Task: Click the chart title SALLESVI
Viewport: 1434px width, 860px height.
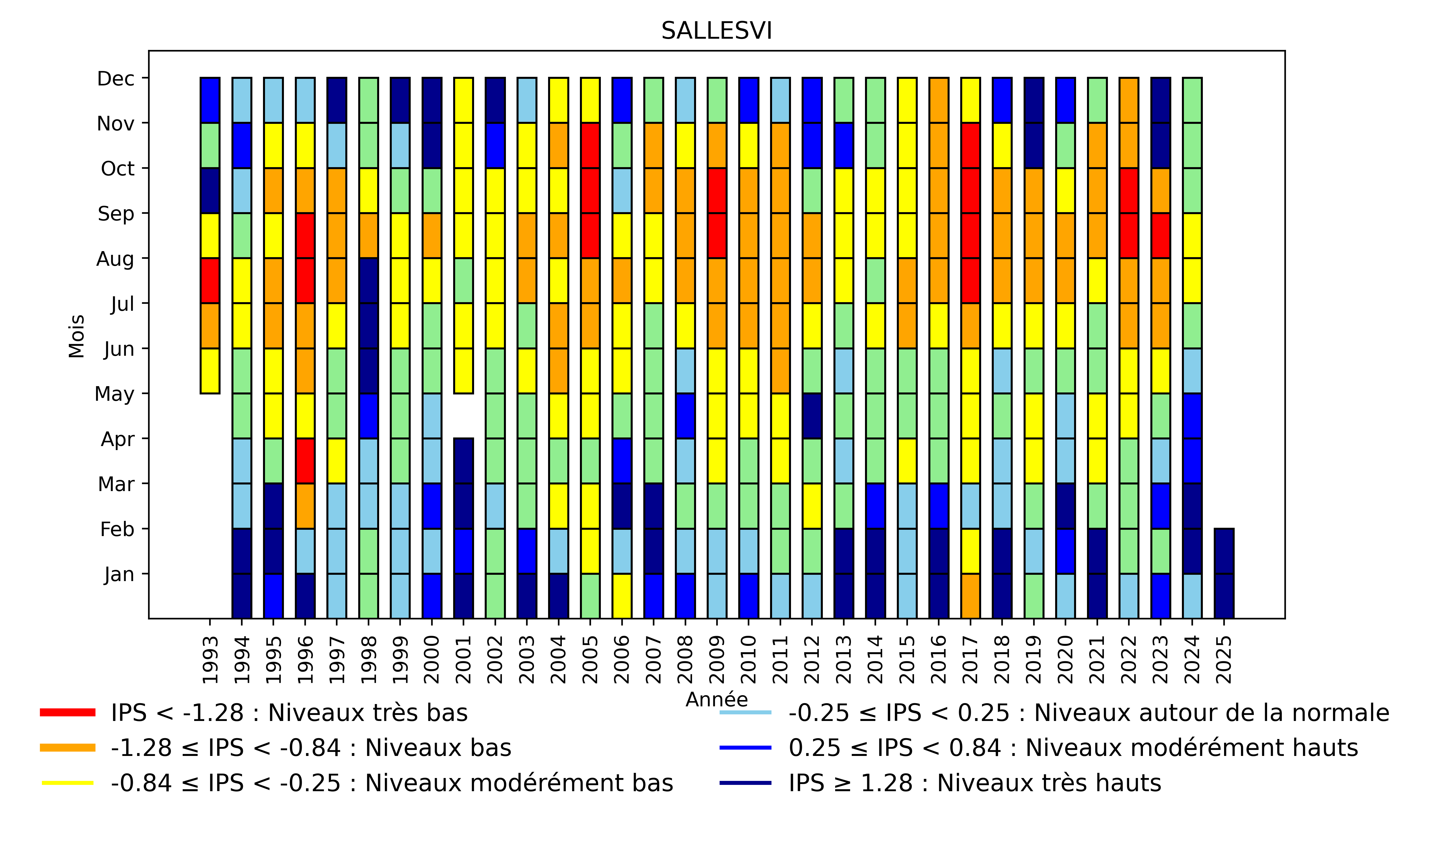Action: point(716,31)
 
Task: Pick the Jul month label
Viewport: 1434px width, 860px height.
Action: point(122,303)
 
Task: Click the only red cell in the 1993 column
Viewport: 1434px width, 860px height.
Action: point(210,280)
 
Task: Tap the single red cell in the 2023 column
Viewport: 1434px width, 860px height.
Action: point(1160,235)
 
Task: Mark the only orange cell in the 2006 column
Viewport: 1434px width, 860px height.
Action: point(622,280)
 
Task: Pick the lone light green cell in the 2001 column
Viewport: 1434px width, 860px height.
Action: point(463,280)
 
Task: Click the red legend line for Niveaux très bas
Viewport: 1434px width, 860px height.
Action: point(67,712)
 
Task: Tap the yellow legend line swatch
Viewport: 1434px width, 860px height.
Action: point(67,783)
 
